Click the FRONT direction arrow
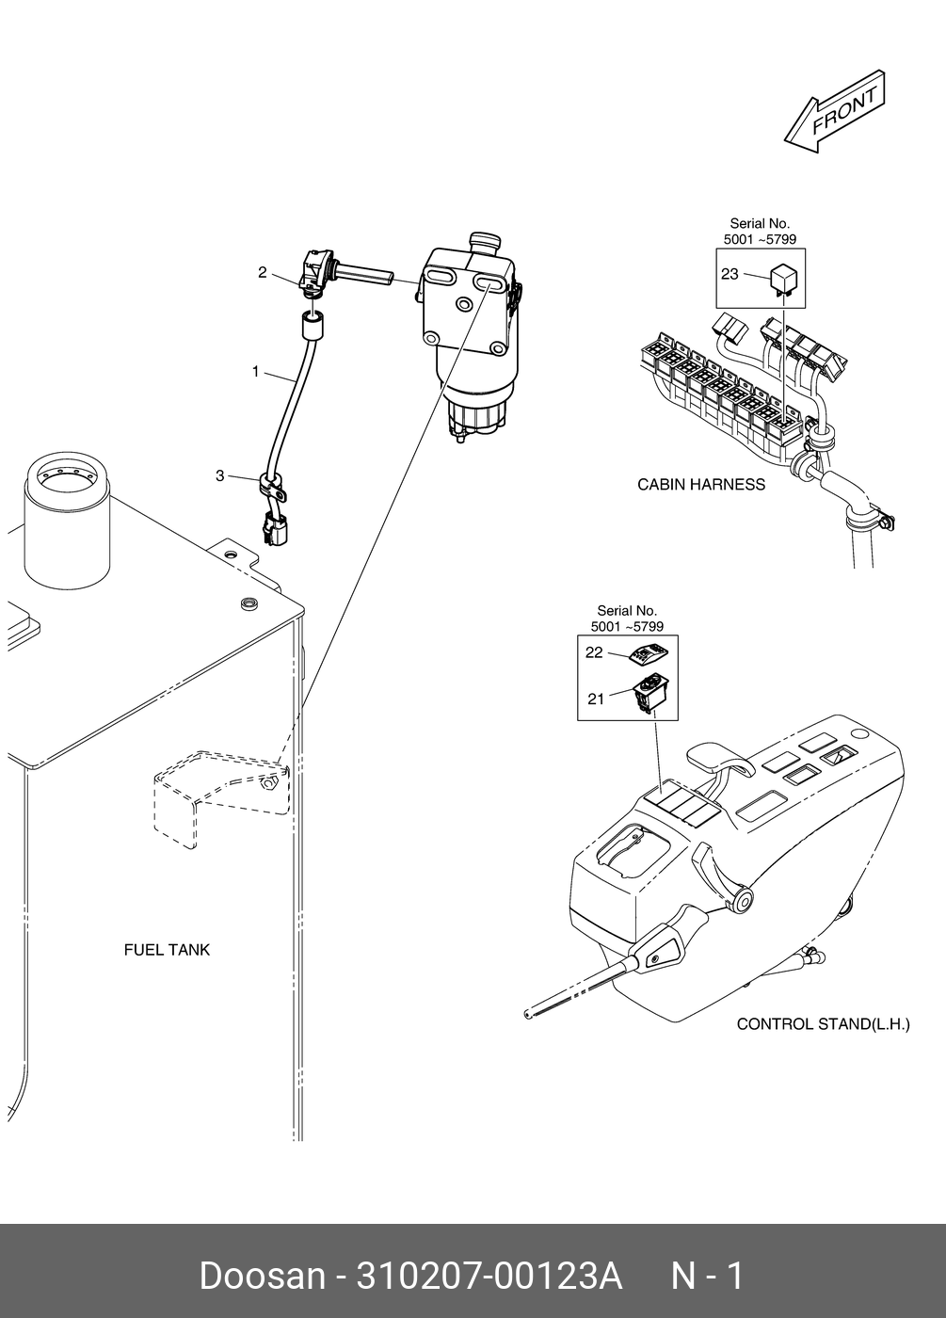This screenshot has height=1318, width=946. tap(834, 112)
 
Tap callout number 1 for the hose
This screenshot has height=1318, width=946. tap(255, 372)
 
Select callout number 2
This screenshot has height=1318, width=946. tap(263, 273)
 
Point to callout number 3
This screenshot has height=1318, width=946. tap(220, 476)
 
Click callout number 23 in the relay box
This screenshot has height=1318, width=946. tap(730, 275)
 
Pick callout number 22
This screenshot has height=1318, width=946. tap(594, 652)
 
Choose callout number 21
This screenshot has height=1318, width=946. tap(595, 698)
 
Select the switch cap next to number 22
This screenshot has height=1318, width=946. tap(650, 654)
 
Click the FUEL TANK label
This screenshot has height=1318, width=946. tap(167, 950)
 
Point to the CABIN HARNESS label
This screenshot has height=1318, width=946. tap(701, 485)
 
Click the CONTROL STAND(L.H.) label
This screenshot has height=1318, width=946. tap(823, 1023)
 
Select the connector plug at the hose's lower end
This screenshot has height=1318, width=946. tap(275, 530)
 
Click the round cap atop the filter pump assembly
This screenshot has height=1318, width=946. tap(487, 242)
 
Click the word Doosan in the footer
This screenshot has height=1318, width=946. tap(261, 1277)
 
